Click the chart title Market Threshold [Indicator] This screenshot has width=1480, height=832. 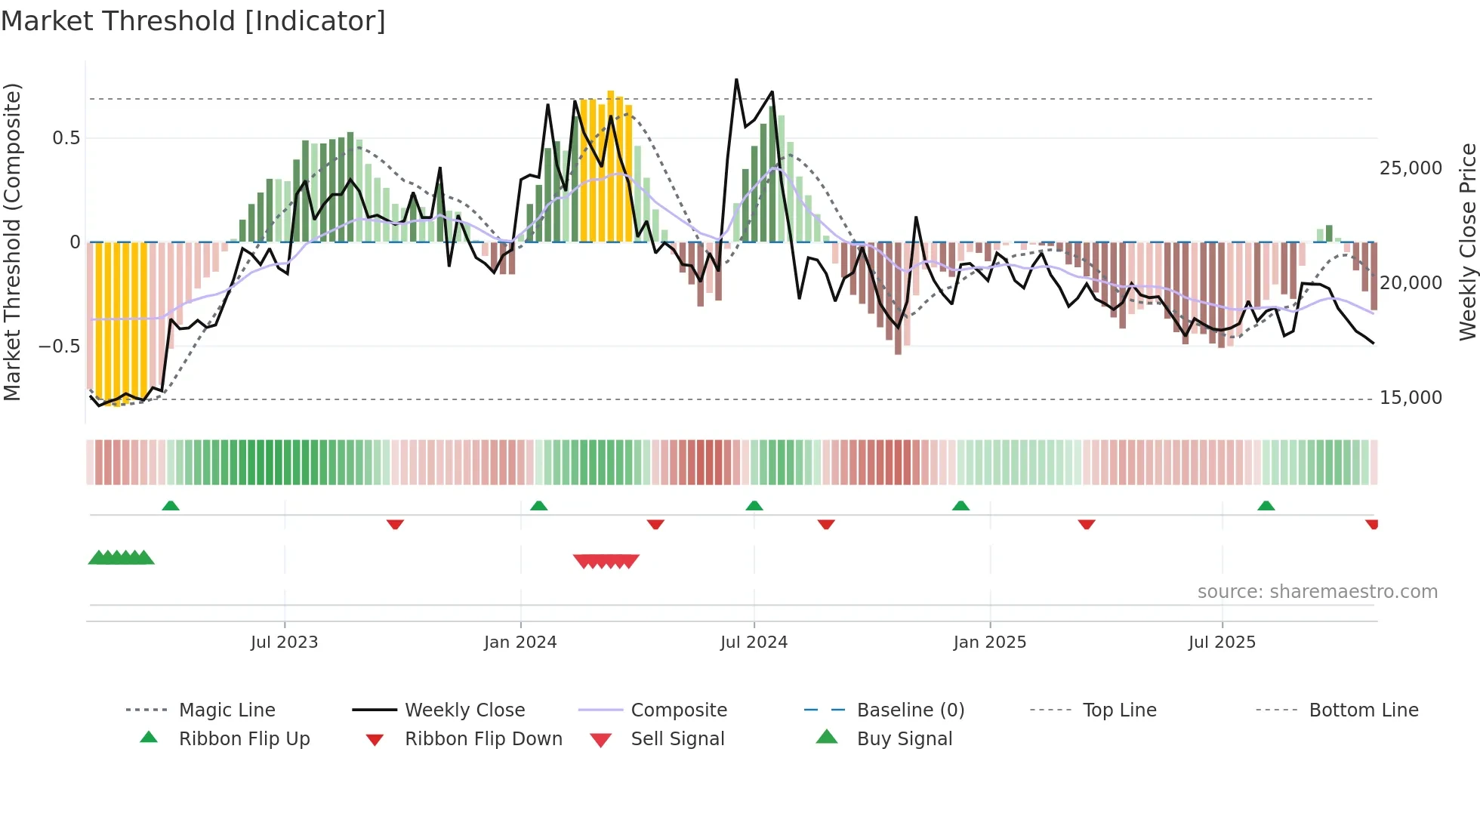[x=193, y=21]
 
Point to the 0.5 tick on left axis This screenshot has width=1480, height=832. [x=66, y=138]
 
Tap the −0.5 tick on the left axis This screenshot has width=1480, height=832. [x=60, y=347]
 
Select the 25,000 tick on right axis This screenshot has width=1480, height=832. [x=1411, y=168]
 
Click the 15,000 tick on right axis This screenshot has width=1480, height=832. [x=1411, y=398]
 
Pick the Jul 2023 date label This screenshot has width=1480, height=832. [x=284, y=642]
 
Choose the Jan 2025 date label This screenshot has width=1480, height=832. [x=989, y=642]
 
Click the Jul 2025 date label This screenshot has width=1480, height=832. [x=1221, y=642]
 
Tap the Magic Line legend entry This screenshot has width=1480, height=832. [x=227, y=710]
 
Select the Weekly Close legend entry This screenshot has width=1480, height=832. [x=464, y=710]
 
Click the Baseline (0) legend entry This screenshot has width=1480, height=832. [x=910, y=710]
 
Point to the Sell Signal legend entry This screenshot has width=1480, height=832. [x=677, y=739]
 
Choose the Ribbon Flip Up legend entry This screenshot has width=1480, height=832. [x=244, y=739]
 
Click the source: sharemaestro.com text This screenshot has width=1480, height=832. [x=1317, y=592]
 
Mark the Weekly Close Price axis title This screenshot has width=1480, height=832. [x=1467, y=242]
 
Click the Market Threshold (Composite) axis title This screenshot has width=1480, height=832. [x=12, y=242]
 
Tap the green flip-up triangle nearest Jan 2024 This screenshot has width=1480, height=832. [x=538, y=506]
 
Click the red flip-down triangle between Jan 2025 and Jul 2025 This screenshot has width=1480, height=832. [x=1087, y=524]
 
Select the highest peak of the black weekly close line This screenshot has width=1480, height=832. [x=736, y=79]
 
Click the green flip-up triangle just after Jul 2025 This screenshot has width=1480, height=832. [x=1266, y=506]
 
